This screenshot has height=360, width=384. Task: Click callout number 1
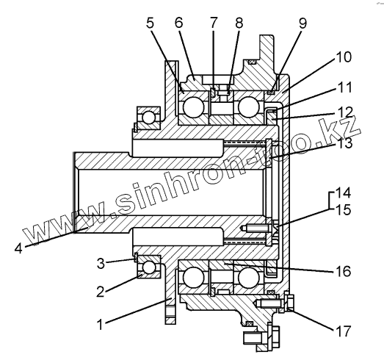point(100,325)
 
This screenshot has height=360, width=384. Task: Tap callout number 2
point(100,292)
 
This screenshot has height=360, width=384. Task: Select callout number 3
point(101,264)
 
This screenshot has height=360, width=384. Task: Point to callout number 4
point(18,249)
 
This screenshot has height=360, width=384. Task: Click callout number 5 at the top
point(150,23)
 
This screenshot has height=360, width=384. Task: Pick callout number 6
point(178,23)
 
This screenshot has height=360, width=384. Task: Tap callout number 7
point(214,23)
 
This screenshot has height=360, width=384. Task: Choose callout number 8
point(239,23)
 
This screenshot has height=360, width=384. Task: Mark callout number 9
point(303,24)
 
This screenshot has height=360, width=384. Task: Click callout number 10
point(344,57)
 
